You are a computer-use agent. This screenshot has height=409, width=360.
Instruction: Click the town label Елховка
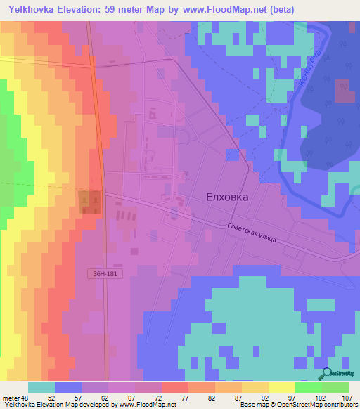pyautogui.click(x=226, y=197)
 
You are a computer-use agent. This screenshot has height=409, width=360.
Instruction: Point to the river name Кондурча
pyautogui.click(x=309, y=70)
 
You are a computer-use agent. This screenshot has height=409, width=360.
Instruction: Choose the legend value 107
pyautogui.click(x=347, y=397)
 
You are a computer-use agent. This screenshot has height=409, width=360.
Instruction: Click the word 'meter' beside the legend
pyautogui.click(x=11, y=397)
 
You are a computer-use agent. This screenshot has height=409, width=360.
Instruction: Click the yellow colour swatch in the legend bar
pyautogui.click(x=281, y=387)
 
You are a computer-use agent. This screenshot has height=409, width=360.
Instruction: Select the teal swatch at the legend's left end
pyautogui.click(x=41, y=387)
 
